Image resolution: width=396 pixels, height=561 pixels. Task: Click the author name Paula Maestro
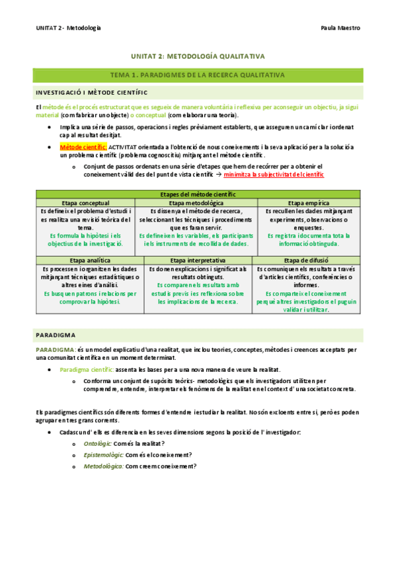click(x=340, y=28)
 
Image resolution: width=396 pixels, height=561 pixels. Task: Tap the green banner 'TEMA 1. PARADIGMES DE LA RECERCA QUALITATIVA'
click(x=198, y=75)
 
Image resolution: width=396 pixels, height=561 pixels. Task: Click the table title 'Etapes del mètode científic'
click(x=198, y=194)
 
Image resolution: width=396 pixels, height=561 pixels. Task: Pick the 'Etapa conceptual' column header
click(x=86, y=202)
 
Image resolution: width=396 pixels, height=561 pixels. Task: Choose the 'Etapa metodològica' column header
click(x=196, y=202)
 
